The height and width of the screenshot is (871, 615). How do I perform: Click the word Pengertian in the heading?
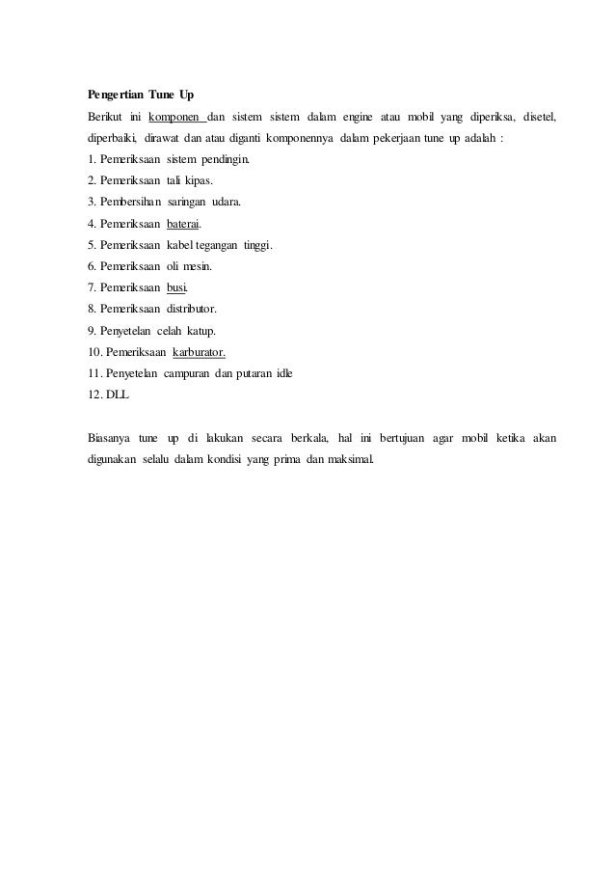110,95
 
